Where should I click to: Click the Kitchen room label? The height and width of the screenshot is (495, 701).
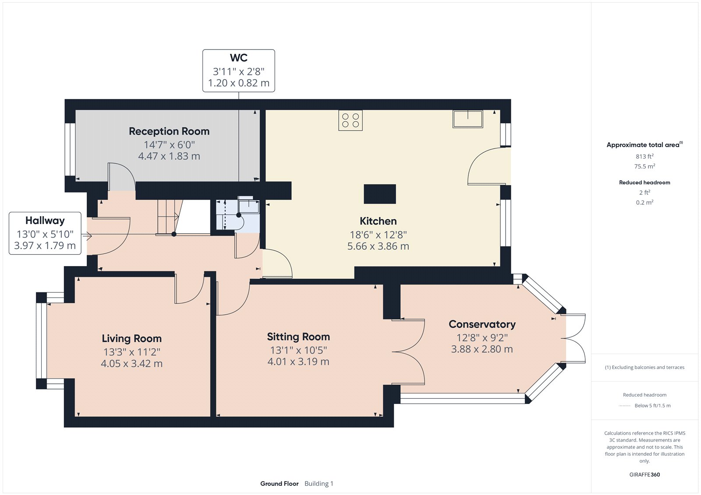378,221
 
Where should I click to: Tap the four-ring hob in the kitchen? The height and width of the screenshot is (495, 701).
350,120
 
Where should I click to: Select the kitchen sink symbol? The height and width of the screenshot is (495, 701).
468,119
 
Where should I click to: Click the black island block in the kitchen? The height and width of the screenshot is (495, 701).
380,194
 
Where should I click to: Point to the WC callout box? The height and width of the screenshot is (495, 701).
238,70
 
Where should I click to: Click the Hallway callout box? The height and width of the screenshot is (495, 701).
45,233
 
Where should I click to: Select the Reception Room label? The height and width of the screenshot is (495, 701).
169,131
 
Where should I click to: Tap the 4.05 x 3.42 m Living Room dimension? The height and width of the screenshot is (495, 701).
131,364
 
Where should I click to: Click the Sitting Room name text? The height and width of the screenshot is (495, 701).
298,337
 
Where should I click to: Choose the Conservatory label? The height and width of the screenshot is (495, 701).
482,324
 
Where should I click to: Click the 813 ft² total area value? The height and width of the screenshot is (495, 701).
644,156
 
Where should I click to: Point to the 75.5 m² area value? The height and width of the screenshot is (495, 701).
644,166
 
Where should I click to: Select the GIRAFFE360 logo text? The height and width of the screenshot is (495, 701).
644,474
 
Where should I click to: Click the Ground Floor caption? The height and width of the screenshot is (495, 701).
279,484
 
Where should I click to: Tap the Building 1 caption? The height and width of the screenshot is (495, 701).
319,484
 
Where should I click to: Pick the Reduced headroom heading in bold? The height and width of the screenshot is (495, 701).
644,183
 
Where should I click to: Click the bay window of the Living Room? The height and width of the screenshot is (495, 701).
42,341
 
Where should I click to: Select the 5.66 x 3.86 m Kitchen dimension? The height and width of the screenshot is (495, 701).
378,246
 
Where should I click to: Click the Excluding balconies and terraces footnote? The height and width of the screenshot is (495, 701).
644,368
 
